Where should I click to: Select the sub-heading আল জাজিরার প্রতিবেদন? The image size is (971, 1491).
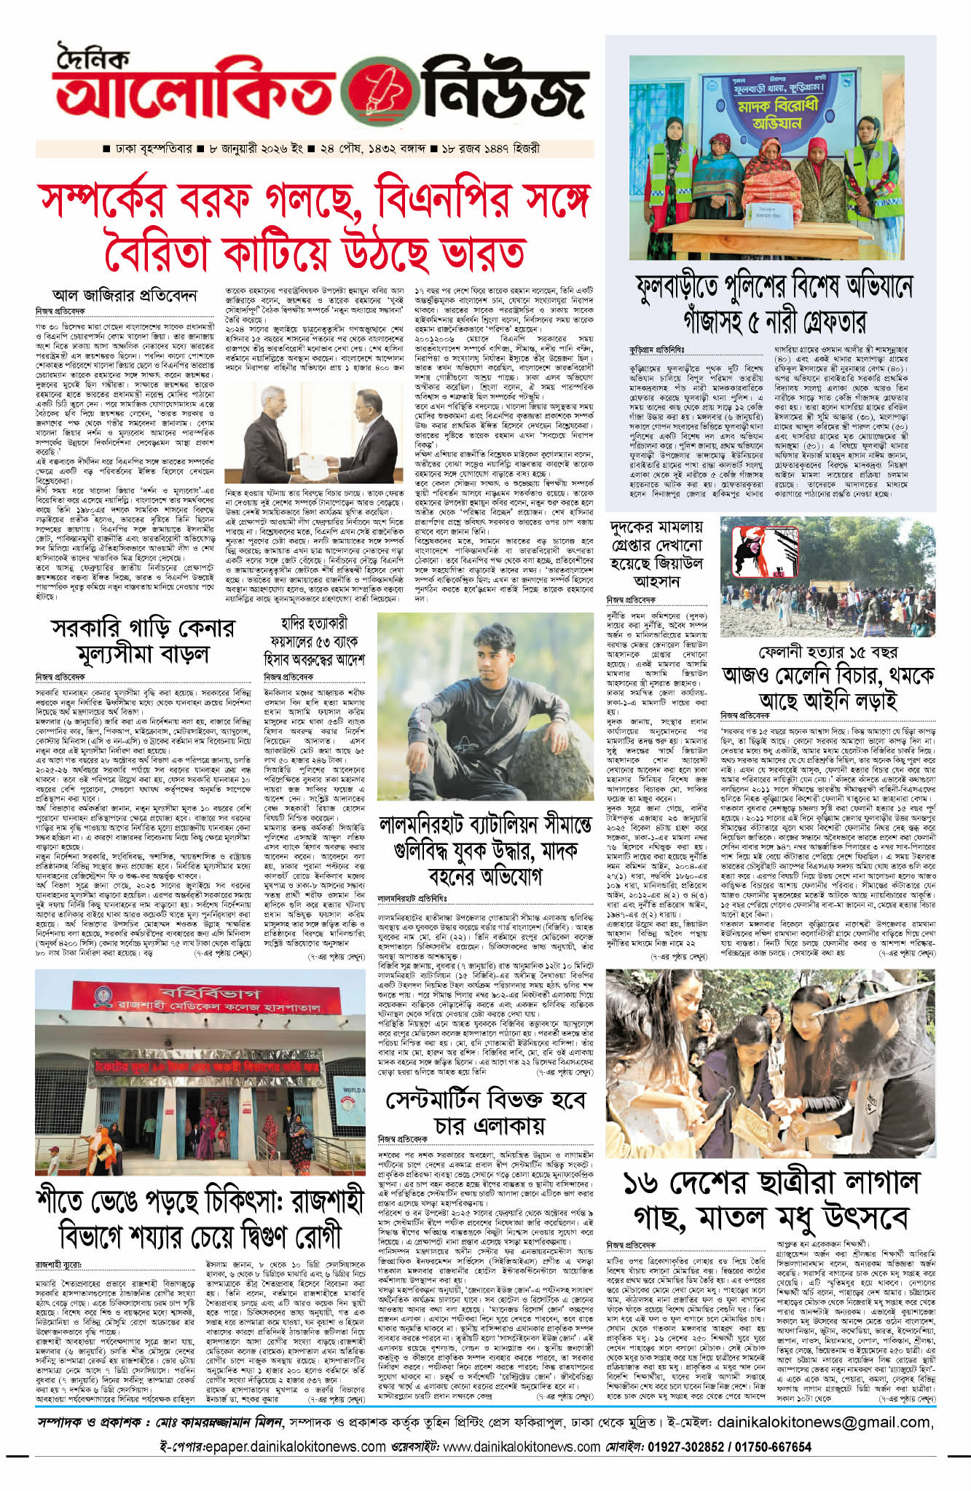pos(124,295)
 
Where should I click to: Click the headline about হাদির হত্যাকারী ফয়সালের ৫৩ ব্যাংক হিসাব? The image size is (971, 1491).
pos(314,641)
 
